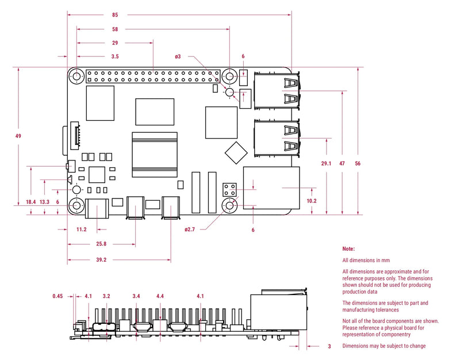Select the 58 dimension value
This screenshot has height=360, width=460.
click(116, 29)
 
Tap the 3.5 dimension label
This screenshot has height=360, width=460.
click(115, 56)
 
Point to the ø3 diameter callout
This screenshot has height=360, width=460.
click(178, 56)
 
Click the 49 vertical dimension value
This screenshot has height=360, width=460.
click(18, 136)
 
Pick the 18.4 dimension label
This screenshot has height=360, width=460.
click(30, 202)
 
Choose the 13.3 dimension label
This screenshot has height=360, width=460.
click(45, 202)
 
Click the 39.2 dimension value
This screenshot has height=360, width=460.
click(101, 260)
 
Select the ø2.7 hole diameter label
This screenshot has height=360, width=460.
click(190, 229)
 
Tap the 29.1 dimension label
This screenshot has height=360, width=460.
click(326, 164)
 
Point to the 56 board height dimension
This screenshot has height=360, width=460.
click(357, 164)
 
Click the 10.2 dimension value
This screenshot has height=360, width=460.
click(311, 201)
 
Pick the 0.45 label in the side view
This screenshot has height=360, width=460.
click(57, 296)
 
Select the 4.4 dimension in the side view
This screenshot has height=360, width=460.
click(160, 296)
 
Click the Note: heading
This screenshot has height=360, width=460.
click(348, 249)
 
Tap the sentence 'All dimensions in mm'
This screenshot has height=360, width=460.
click(366, 261)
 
